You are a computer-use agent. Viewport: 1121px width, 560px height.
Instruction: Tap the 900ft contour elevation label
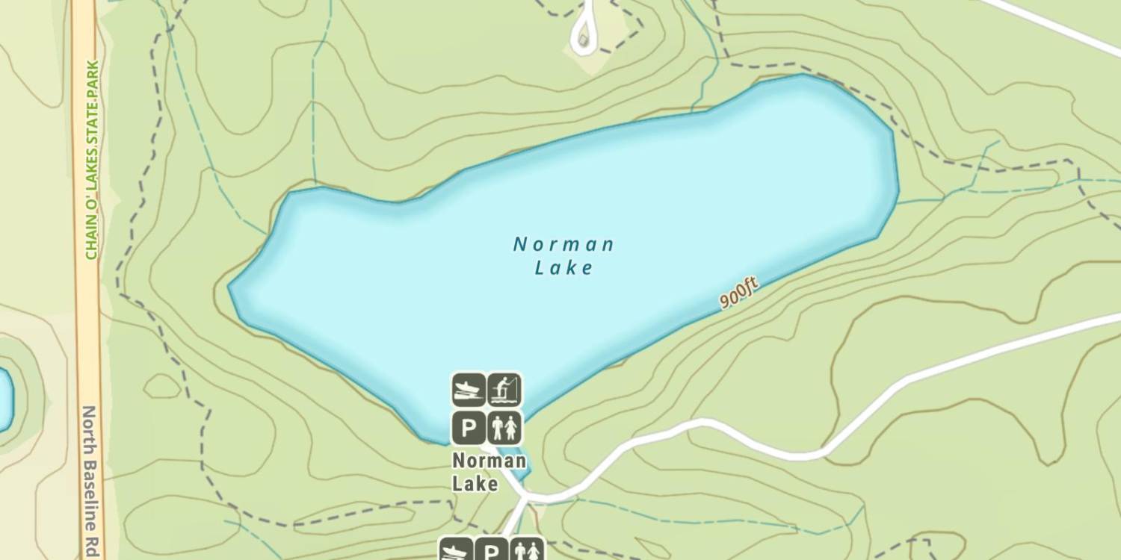(x=738, y=292)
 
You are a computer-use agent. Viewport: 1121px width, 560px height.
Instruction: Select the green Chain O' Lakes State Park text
(x=92, y=161)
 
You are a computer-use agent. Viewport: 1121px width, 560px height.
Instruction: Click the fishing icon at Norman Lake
(x=505, y=390)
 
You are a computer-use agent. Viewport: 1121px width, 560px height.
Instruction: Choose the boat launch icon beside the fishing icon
(x=469, y=390)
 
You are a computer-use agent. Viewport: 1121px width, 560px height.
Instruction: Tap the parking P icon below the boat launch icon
(x=469, y=429)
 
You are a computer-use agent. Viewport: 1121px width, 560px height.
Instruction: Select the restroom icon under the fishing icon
(x=505, y=429)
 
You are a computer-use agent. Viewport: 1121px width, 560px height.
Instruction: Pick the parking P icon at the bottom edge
(x=491, y=551)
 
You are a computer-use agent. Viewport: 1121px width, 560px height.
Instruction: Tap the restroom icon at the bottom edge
(x=528, y=551)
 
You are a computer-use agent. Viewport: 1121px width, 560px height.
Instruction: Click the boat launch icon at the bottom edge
(x=455, y=551)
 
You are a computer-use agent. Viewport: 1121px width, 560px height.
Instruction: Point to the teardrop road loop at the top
(x=585, y=33)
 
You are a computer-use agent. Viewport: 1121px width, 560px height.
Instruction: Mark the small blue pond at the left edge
(x=4, y=399)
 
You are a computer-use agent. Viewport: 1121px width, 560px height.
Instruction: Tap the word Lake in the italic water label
(x=564, y=267)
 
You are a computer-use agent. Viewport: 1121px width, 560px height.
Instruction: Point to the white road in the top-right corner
(x=1061, y=26)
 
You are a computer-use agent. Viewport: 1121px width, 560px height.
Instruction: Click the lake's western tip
(x=232, y=287)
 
